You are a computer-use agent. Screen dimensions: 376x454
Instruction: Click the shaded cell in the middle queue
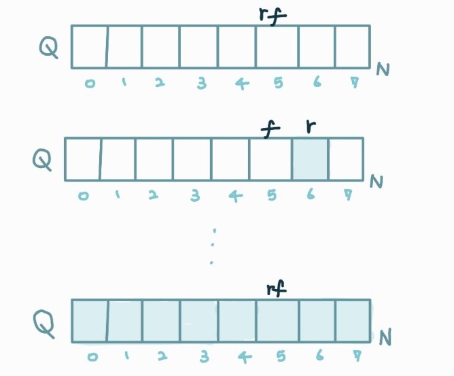pos(310,159)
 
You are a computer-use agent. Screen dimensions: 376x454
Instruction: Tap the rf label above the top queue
pos(269,15)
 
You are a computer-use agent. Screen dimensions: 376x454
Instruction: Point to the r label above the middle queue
pos(311,127)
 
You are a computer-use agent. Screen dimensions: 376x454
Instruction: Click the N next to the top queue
pos(382,69)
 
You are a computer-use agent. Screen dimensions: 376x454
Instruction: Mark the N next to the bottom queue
pos(385,337)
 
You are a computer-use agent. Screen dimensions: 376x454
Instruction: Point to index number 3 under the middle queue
pos(196,196)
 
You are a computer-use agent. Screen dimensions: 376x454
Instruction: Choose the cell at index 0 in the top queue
pos(89,47)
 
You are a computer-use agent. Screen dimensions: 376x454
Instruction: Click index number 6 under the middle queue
pos(311,195)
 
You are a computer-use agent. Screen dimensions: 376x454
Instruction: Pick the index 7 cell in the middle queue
pos(345,159)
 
